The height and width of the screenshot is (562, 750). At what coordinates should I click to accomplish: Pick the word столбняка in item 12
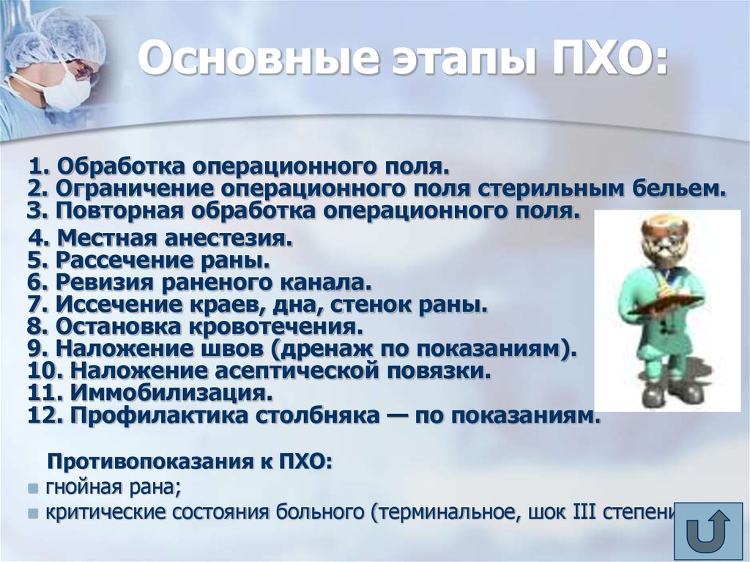(317, 415)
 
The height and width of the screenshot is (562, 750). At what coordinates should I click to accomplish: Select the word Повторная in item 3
(119, 210)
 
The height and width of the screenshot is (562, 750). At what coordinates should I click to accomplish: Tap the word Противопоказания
(157, 462)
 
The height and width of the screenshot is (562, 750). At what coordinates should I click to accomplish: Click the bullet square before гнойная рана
(33, 488)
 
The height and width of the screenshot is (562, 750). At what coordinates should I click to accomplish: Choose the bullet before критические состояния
(33, 514)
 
